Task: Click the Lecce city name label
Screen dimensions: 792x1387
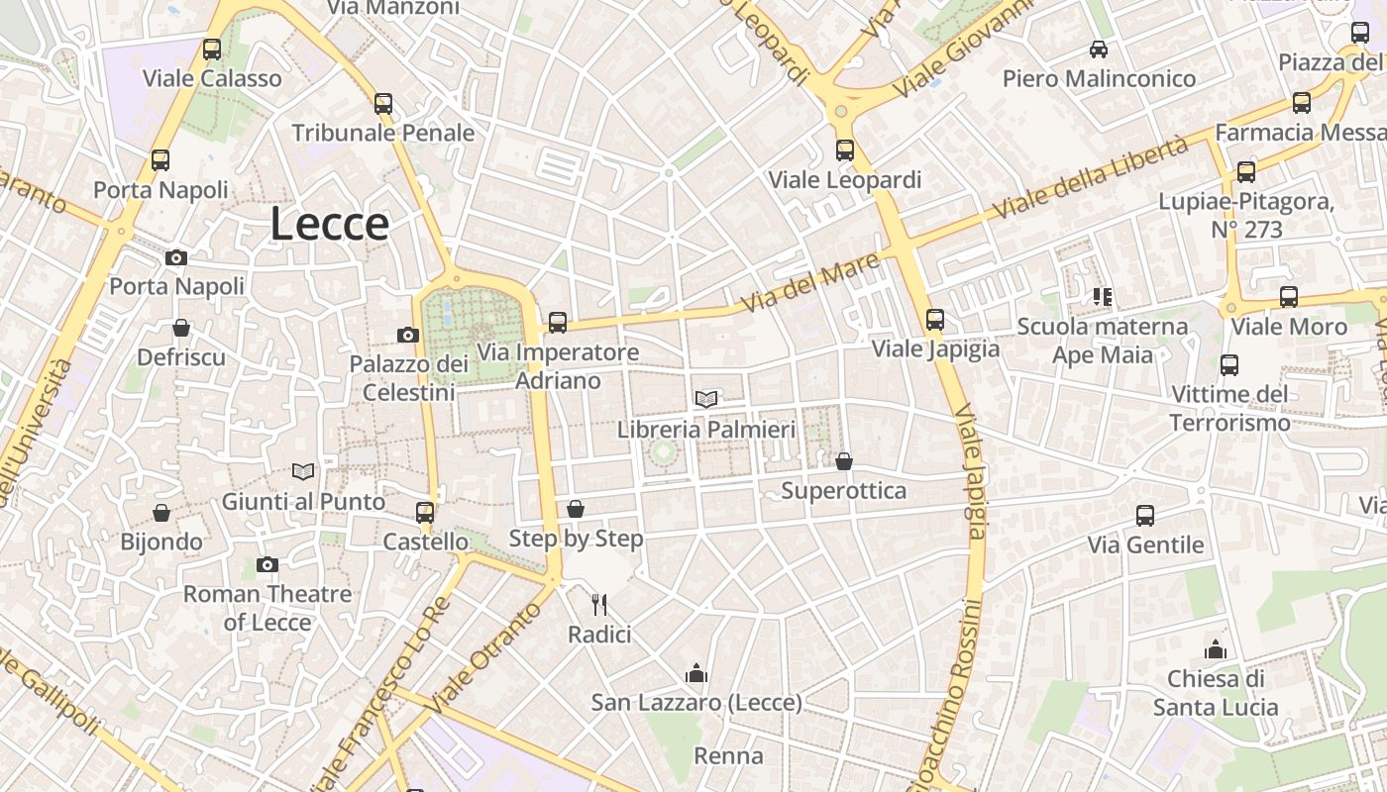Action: tap(329, 225)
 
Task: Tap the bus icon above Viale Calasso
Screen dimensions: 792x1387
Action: tap(212, 49)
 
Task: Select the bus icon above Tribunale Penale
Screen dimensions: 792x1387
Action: tap(383, 104)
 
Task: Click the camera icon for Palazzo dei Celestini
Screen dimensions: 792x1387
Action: tap(407, 336)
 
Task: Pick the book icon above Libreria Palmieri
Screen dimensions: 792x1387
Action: tap(706, 400)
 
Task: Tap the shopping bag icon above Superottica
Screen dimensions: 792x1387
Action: tap(844, 462)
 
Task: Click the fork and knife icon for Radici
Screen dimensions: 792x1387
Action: tap(598, 604)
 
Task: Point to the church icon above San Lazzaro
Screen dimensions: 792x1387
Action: tap(696, 674)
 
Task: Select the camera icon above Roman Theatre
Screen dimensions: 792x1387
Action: tap(267, 565)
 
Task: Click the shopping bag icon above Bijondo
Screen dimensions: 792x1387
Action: tap(161, 513)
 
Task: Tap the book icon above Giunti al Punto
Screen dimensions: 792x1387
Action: tap(303, 472)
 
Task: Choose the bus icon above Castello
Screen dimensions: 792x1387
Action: tap(425, 513)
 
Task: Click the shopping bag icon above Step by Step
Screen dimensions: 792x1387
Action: tap(576, 510)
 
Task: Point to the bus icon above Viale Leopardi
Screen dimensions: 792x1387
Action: tap(845, 150)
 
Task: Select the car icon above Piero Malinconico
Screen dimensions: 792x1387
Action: tap(1098, 49)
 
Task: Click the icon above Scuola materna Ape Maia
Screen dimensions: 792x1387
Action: tap(1103, 297)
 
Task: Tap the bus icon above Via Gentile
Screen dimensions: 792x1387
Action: tap(1145, 516)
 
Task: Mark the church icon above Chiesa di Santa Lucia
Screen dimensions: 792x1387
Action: tap(1216, 650)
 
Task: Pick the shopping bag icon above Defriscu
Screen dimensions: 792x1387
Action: tap(181, 328)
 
